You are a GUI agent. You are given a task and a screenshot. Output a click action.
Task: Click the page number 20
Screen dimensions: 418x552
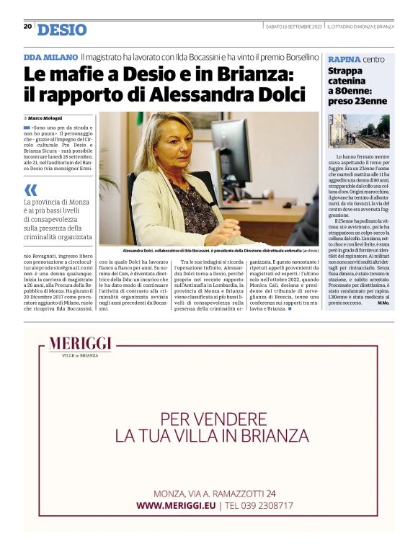27,26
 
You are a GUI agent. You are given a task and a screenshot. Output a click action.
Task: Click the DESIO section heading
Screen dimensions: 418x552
62,30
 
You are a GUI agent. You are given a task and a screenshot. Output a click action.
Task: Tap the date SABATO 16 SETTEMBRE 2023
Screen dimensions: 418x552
293,27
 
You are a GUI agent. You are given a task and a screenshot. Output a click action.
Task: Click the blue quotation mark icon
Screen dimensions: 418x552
30,190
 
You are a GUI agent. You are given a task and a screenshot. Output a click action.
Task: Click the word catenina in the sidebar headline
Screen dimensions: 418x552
347,81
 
